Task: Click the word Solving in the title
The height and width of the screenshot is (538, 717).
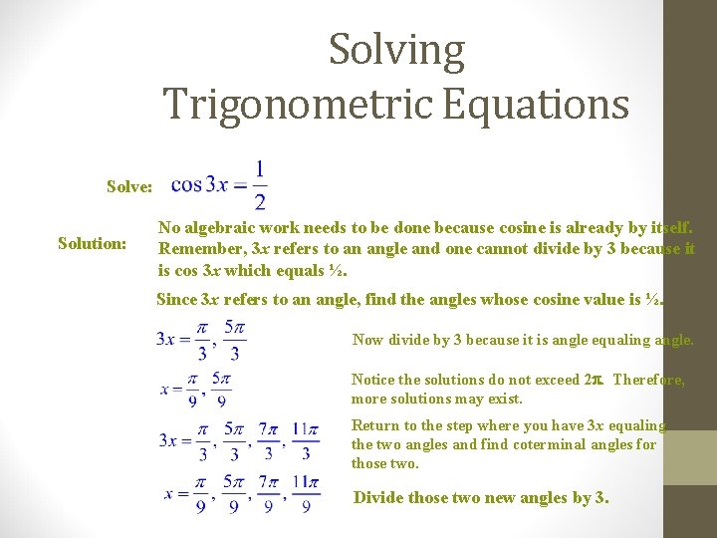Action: pyautogui.click(x=396, y=50)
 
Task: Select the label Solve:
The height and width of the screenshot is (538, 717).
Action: pyautogui.click(x=130, y=186)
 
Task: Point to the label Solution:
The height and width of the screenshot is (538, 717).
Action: pyautogui.click(x=93, y=243)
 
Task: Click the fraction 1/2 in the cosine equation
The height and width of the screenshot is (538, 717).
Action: pyautogui.click(x=260, y=185)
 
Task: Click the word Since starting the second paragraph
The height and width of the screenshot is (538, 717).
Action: pyautogui.click(x=177, y=298)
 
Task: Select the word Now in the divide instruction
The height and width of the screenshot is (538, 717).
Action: pyautogui.click(x=367, y=340)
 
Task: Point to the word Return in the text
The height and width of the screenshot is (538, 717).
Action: pyautogui.click(x=374, y=425)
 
